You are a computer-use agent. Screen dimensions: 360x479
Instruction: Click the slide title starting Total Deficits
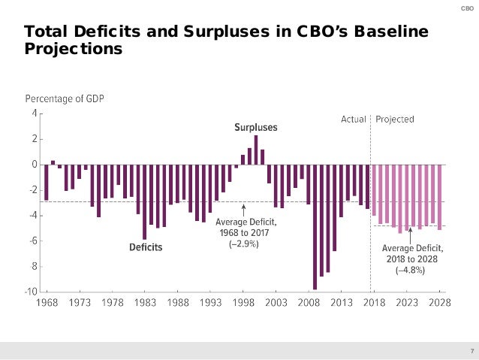(x=225, y=41)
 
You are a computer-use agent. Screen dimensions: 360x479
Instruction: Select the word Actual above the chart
(x=354, y=119)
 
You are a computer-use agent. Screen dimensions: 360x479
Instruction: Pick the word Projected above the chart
(x=394, y=119)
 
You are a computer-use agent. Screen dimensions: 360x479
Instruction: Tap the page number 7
(x=471, y=351)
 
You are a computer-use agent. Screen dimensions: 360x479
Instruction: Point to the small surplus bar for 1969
(x=53, y=162)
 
